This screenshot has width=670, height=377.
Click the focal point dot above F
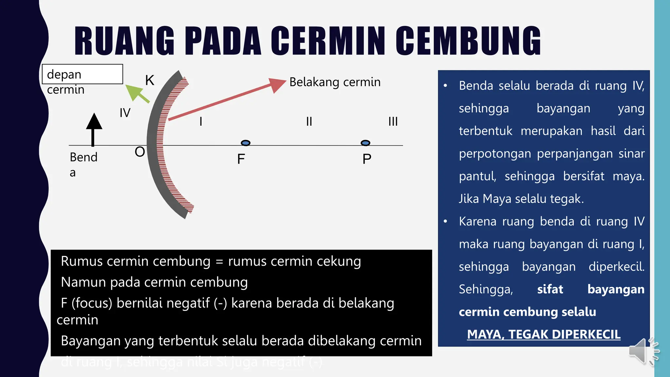[245, 143]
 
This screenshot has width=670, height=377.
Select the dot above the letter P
[365, 143]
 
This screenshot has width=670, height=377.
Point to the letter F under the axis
[241, 159]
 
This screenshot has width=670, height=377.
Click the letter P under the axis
[367, 159]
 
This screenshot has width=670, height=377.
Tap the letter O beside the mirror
[140, 152]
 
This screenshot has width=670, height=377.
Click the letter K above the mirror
[150, 80]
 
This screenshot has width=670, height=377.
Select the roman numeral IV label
[125, 113]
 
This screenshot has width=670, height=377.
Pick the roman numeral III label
[393, 122]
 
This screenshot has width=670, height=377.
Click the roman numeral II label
[309, 122]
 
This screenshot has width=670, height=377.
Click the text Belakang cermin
[335, 82]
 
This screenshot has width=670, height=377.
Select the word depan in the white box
[64, 75]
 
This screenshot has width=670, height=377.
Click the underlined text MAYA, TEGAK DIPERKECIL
[544, 334]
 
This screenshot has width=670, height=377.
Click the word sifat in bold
[550, 289]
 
